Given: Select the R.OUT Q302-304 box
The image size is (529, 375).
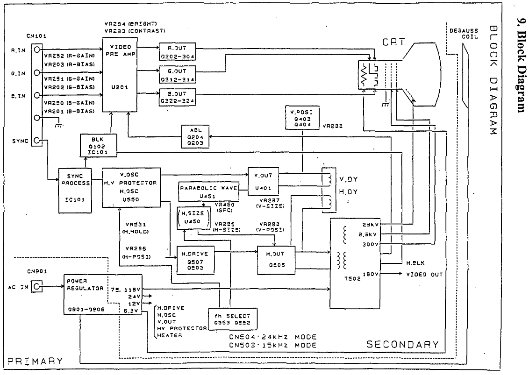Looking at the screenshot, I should pyautogui.click(x=177, y=51).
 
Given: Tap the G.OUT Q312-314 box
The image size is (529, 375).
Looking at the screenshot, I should pyautogui.click(x=177, y=75).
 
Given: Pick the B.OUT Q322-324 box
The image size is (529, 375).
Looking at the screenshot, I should pyautogui.click(x=177, y=97).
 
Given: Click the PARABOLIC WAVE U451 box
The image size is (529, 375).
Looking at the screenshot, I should pyautogui.click(x=208, y=192).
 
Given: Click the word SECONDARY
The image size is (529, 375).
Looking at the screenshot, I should pyautogui.click(x=402, y=345).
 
